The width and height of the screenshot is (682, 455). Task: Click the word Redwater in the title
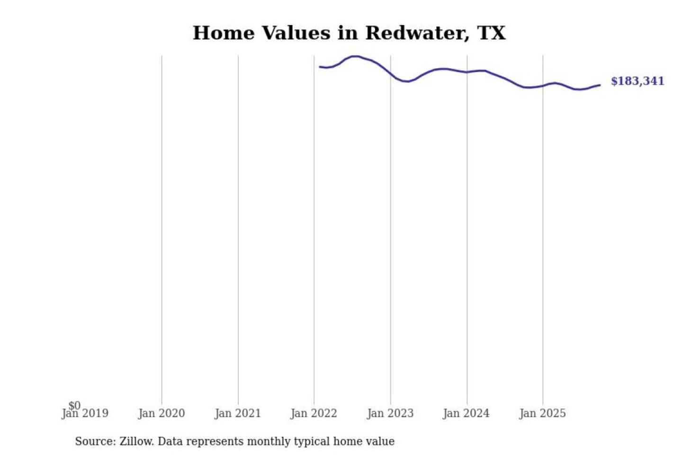click(417, 33)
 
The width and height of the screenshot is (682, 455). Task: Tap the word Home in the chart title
click(224, 33)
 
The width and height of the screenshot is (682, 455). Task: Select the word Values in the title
click(296, 33)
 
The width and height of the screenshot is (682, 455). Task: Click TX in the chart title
click(492, 33)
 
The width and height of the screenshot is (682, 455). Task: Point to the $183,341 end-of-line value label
click(637, 81)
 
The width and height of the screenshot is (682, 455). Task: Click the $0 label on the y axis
click(74, 405)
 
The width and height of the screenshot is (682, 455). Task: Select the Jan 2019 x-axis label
click(85, 414)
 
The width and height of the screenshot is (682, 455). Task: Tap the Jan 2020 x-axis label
click(162, 414)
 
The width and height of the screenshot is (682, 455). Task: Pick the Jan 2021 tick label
click(238, 414)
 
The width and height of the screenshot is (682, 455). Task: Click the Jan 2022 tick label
click(314, 414)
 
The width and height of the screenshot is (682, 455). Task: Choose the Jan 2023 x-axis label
click(390, 414)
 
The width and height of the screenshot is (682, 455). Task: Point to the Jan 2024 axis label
click(466, 414)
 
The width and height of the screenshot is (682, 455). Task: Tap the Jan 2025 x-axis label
click(543, 414)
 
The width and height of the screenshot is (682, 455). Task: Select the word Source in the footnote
click(94, 441)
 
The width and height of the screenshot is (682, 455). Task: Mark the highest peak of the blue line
click(355, 56)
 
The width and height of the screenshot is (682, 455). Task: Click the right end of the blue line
click(600, 85)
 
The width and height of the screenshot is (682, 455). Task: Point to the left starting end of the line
click(320, 67)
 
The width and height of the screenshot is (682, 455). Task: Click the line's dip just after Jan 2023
click(406, 82)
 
